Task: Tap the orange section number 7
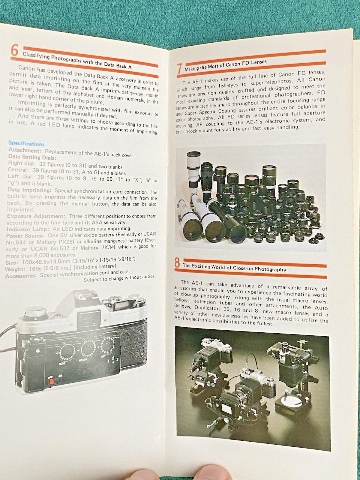click(179, 68)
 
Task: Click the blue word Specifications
click(26, 144)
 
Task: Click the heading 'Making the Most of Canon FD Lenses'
click(226, 65)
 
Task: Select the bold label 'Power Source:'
click(25, 236)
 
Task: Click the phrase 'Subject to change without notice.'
click(120, 278)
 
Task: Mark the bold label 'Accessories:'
click(21, 276)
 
